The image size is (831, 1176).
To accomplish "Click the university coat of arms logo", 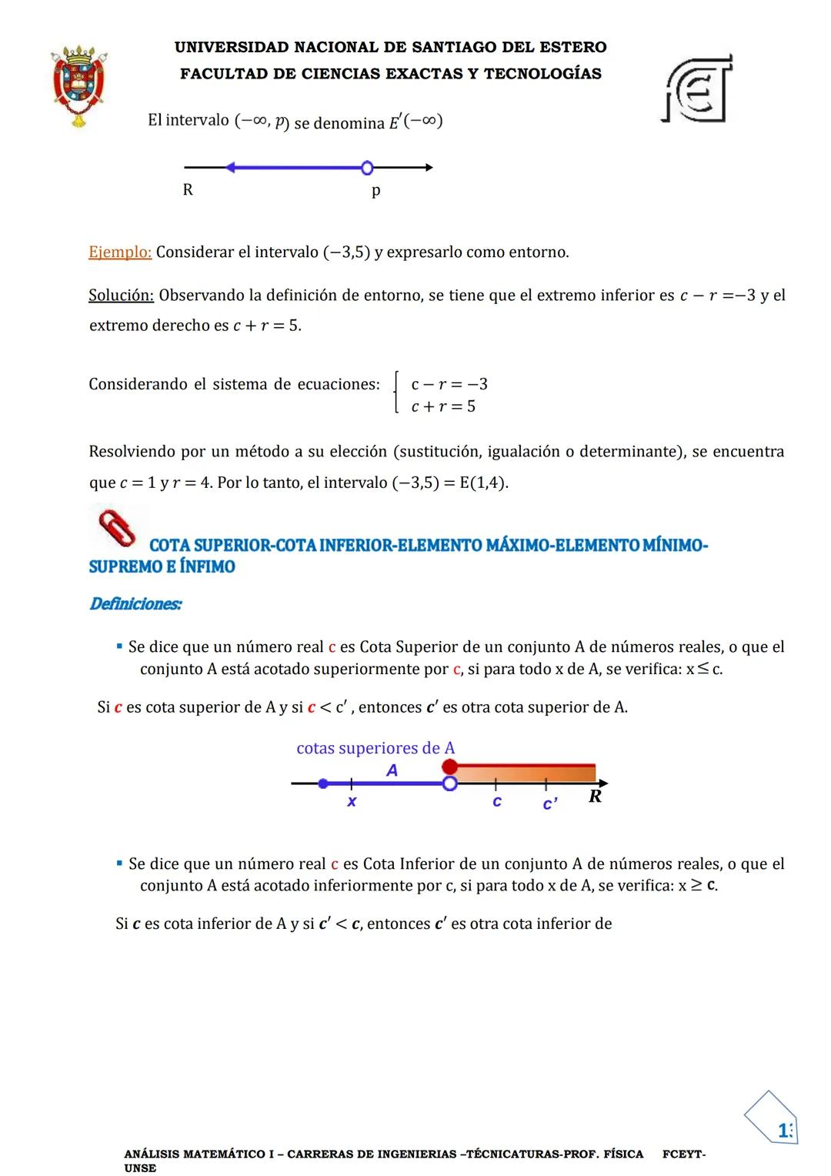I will coord(78,85).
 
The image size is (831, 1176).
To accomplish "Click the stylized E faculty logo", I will coord(697,89).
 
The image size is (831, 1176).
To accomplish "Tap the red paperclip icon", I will coord(117,527).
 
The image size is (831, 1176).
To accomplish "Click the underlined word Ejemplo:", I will coord(120,252).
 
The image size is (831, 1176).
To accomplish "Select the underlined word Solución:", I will coord(121,296).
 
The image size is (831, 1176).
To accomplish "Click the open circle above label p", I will coord(367,168).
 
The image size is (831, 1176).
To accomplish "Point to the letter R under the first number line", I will coord(188,190).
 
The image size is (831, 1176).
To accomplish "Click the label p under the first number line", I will coord(375,191).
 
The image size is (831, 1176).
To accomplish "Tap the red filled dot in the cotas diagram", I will coord(450,767).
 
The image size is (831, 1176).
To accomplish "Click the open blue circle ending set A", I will coord(450,783).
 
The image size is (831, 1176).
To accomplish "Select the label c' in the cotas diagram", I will coord(550,804).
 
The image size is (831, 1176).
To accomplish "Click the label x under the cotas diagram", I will coord(352,802).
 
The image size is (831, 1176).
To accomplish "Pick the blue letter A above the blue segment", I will coord(392,770).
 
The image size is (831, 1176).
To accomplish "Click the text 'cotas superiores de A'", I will coord(375,748).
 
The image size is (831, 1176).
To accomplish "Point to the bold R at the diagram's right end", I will coord(595,797).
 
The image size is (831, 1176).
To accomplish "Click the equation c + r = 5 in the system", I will coord(443,406).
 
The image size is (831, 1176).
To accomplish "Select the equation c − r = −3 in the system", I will coord(449,384).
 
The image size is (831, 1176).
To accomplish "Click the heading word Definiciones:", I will coord(136,604).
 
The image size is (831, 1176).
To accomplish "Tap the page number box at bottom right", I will coord(773,1119).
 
